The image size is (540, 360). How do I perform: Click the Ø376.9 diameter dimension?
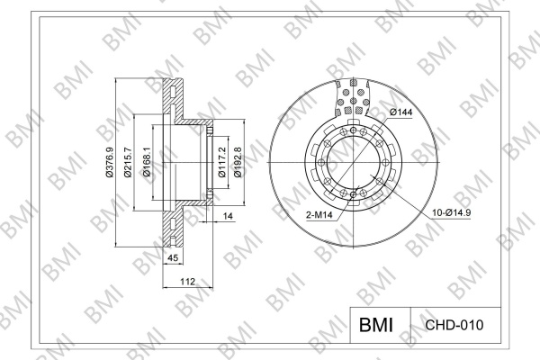coord(110,162)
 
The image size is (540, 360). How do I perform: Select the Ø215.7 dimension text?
coord(128,162)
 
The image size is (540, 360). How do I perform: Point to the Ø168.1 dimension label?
coord(147,162)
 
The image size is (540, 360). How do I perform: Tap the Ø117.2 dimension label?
coord(222,162)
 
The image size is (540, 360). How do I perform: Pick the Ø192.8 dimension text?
coord(238,162)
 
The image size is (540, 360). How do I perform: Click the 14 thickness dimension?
coord(228,216)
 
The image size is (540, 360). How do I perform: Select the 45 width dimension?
coord(173,257)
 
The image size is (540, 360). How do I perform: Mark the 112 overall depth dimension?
coord(188,282)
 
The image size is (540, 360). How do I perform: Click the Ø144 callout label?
coord(401,112)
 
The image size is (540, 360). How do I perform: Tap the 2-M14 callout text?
coord(319,215)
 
